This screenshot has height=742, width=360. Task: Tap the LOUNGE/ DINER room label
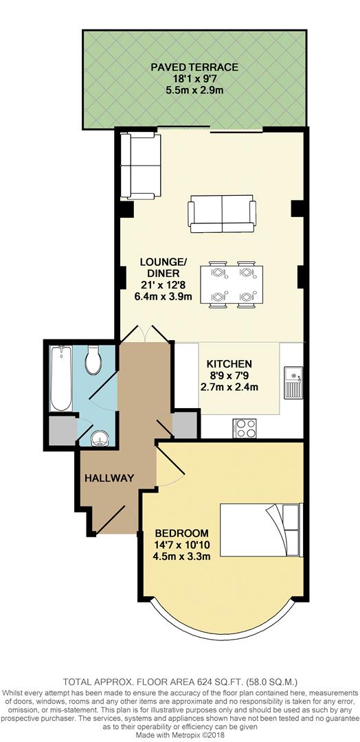point(163,267)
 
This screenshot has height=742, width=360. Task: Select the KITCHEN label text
point(229,363)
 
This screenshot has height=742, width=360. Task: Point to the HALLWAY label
point(109,477)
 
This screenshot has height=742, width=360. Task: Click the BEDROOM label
point(181,532)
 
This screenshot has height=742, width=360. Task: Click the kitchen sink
point(292,382)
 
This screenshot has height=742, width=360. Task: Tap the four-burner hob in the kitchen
point(245,428)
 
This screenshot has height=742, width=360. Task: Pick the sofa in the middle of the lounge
point(223,214)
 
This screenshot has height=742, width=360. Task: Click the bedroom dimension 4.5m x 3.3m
point(181,556)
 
